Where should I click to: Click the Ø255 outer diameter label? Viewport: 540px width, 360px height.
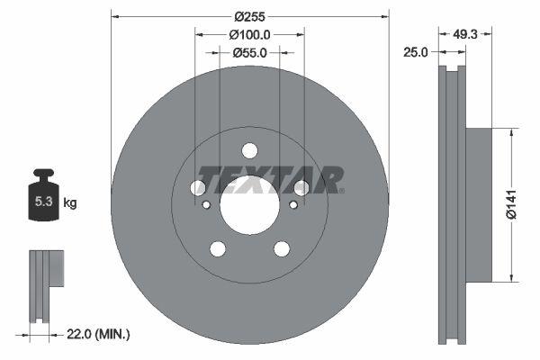point(250,16)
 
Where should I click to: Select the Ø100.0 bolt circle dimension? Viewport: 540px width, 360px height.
point(250,34)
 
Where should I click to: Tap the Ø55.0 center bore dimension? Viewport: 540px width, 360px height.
point(250,53)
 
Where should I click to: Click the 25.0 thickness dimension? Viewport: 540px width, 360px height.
point(415,53)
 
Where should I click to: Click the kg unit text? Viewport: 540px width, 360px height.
point(69,203)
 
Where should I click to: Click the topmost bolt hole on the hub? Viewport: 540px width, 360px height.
point(250,150)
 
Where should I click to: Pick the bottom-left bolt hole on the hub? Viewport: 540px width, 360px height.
point(218,248)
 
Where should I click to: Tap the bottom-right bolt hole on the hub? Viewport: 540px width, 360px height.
point(282,248)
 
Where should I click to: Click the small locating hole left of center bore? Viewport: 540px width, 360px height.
point(206,205)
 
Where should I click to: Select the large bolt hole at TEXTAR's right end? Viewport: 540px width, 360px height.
point(301,187)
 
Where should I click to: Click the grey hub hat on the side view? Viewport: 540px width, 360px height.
point(480,203)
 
